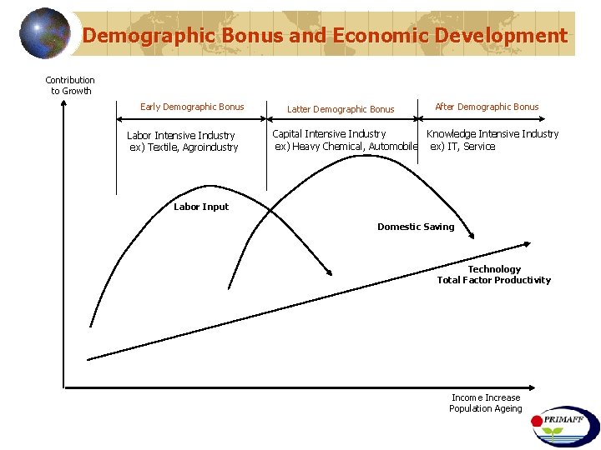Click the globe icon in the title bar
[45, 33]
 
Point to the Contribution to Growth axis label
[70, 86]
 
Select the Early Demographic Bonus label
[192, 107]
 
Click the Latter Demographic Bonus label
[341, 109]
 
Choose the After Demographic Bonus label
[487, 107]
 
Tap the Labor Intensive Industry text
[181, 135]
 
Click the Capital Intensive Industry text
[329, 133]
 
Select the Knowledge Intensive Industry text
[492, 133]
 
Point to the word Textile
[162, 147]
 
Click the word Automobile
[392, 147]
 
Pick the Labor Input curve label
[200, 207]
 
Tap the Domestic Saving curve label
[416, 227]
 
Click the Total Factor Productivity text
[494, 280]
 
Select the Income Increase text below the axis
[486, 397]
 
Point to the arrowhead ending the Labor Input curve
[331, 271]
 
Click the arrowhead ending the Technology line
[527, 244]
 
